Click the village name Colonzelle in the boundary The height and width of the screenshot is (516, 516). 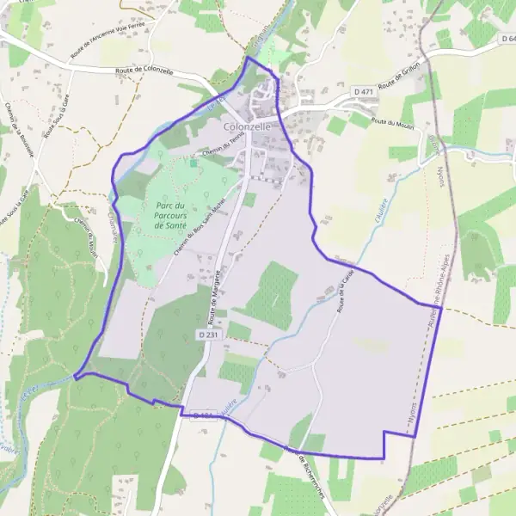tap(247, 126)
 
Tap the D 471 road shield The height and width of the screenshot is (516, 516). tap(364, 90)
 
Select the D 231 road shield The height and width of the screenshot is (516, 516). tap(207, 334)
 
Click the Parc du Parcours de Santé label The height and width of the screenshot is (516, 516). tap(172, 215)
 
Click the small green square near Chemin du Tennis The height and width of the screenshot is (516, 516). tap(194, 163)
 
